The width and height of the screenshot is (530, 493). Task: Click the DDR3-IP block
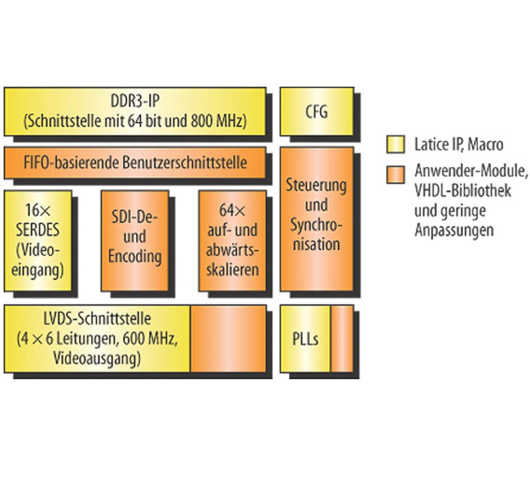[x=135, y=111]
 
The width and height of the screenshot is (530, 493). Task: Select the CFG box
[x=317, y=111]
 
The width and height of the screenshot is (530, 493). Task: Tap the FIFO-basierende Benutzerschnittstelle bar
[x=135, y=162]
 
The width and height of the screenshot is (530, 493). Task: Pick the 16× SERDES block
[x=38, y=240]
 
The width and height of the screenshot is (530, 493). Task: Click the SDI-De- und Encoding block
[x=135, y=240]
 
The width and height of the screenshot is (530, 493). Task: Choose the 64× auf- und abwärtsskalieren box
[x=232, y=240]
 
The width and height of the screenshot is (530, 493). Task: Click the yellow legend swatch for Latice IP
[x=395, y=145]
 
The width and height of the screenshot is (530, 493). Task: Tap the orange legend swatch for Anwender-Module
[x=395, y=174]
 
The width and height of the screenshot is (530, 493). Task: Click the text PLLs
[x=305, y=339]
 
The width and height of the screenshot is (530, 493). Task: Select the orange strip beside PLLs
[x=342, y=339]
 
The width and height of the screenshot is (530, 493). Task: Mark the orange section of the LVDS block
[x=228, y=339]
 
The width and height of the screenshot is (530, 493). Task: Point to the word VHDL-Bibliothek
[x=463, y=191]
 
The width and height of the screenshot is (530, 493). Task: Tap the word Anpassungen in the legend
[x=454, y=230]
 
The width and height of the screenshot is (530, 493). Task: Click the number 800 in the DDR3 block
[x=202, y=121]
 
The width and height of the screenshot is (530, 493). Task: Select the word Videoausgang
[x=97, y=358]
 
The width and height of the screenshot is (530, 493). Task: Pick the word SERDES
[x=38, y=230]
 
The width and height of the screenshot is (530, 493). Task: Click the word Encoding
[x=135, y=256]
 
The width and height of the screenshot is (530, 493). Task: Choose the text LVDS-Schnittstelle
[x=97, y=319]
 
